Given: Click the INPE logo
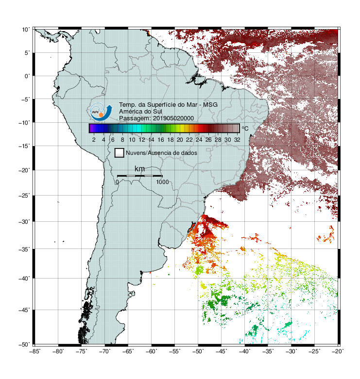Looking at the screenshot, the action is pos(101,112).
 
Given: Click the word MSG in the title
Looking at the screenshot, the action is pos(210,105).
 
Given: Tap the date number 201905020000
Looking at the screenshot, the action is pos(173,118).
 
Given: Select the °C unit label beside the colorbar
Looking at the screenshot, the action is pos(245,128).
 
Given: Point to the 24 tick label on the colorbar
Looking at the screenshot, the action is pos(199,140).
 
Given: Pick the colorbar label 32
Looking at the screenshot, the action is pos(237,140).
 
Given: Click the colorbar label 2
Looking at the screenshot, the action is pos(94,140).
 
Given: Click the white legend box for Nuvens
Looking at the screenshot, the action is pos(120,153).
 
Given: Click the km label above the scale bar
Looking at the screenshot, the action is pos(139,169).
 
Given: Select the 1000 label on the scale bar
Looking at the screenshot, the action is pos(162,182).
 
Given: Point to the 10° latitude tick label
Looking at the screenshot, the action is pos(26,30).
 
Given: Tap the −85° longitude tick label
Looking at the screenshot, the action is pos(34,351).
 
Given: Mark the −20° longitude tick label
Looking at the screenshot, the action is pos(338,351).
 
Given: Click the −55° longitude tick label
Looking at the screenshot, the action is pos(175,351).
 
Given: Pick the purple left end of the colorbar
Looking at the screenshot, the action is pos(91,128).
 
